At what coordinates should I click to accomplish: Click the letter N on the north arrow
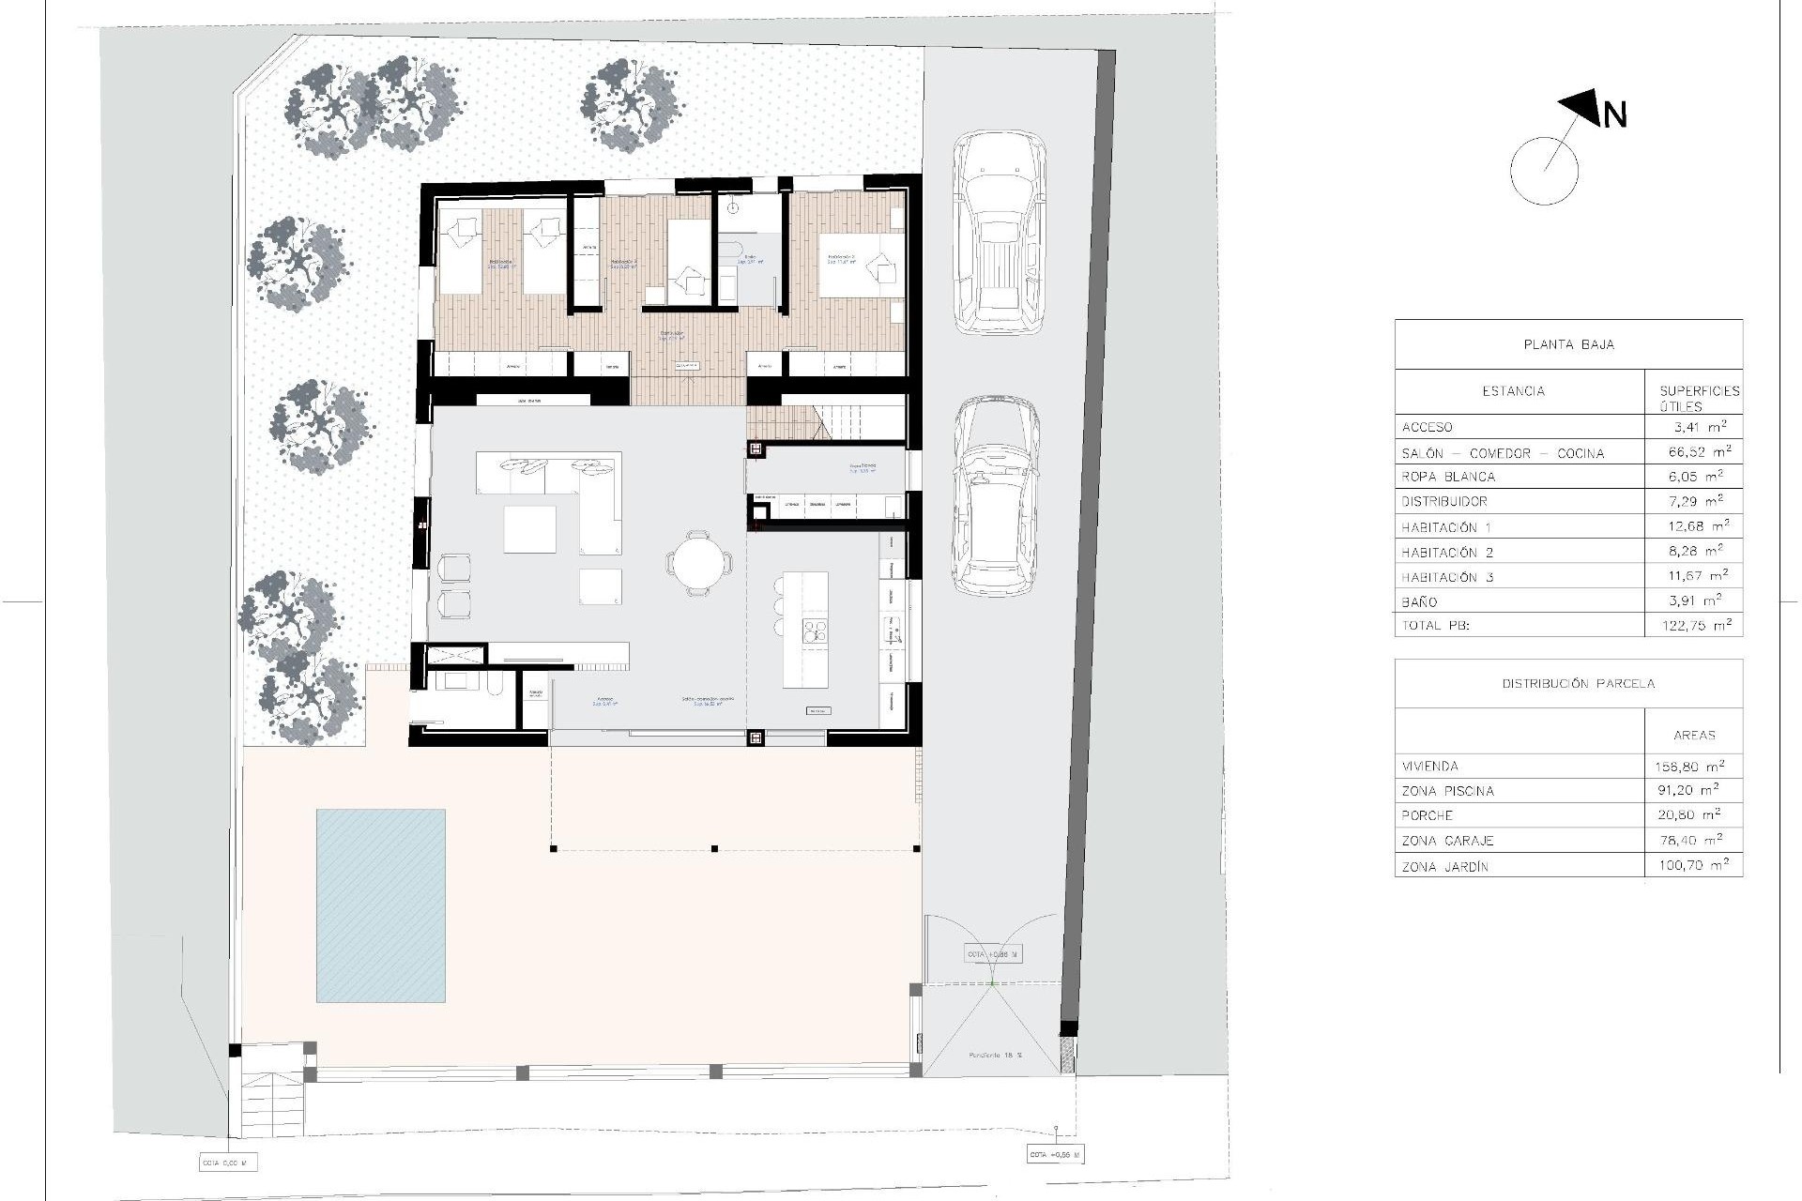tap(1614, 114)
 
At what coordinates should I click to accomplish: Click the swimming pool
tap(380, 905)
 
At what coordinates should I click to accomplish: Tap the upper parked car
tap(999, 233)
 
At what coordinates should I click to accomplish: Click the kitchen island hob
tap(814, 631)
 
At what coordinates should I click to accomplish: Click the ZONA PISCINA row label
tap(1447, 791)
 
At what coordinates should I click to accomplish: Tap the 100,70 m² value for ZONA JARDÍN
tap(1693, 866)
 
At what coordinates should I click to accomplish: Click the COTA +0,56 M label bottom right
tap(1055, 1155)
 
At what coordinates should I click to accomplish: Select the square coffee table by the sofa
tap(529, 529)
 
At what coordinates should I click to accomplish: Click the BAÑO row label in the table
tap(1419, 601)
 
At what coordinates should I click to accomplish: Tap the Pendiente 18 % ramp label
tap(996, 1056)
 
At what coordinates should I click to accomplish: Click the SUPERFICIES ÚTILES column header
tap(1699, 398)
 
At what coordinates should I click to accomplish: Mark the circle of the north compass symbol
tap(1544, 172)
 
